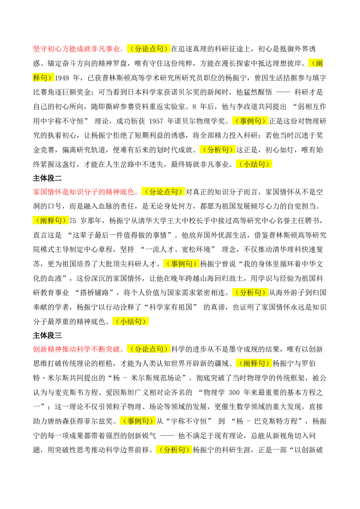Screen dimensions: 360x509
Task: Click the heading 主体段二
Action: click(47, 178)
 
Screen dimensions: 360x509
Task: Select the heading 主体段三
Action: click(47, 335)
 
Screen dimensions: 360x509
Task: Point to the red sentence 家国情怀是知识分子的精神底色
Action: click(84, 192)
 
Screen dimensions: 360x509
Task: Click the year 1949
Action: click(62, 78)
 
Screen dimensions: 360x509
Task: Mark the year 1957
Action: click(156, 121)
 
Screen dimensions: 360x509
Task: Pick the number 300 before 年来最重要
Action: click(234, 393)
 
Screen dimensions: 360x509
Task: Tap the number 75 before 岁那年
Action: click(73, 221)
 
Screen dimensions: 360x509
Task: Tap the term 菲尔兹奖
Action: click(98, 421)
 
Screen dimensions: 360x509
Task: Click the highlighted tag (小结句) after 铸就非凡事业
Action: click(254, 164)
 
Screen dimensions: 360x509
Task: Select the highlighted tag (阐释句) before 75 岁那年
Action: click(51, 221)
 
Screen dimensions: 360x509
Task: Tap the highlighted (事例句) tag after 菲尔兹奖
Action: click(138, 421)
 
